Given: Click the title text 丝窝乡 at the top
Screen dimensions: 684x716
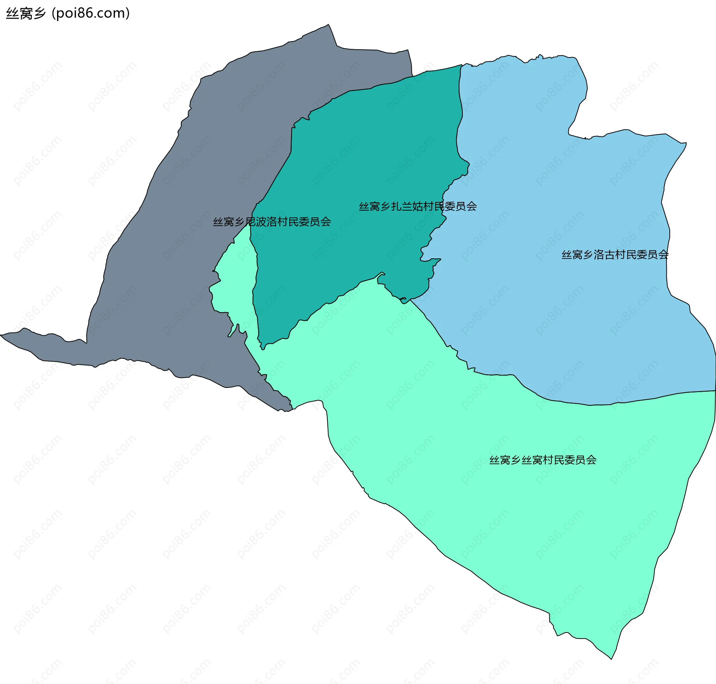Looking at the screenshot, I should tap(25, 13).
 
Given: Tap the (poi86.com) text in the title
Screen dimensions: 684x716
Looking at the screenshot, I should tap(91, 13).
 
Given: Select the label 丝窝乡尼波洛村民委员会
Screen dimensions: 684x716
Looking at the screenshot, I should tap(272, 222).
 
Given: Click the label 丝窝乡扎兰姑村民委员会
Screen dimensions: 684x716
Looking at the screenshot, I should tap(418, 206).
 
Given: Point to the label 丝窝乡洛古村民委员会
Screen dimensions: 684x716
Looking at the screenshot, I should tap(615, 255).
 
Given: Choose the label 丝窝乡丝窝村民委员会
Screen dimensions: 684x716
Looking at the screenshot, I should tap(543, 460).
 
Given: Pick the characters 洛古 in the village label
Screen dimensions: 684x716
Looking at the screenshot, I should tap(604, 255).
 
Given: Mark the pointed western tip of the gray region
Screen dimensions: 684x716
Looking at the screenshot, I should tap(2, 335).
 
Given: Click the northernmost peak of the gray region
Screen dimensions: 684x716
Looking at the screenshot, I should tap(328, 25).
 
